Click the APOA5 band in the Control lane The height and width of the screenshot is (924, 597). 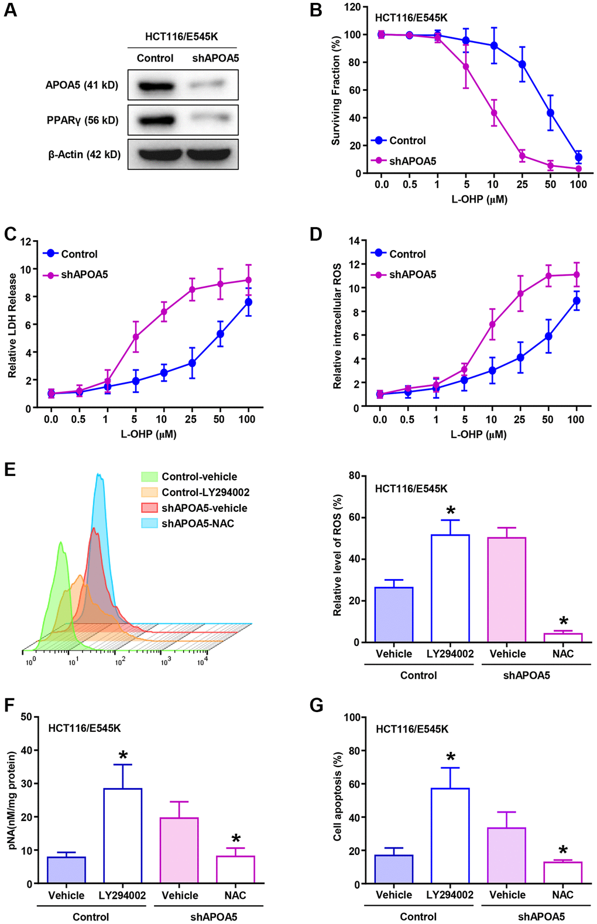click(x=155, y=85)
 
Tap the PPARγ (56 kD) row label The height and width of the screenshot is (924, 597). click(x=83, y=120)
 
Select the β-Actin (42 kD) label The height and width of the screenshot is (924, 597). click(x=84, y=155)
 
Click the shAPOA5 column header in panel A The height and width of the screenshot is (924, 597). click(x=215, y=58)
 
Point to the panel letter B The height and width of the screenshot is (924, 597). click(x=316, y=11)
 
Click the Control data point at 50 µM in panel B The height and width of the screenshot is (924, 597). click(x=550, y=112)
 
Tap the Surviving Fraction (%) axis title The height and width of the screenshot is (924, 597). click(x=336, y=91)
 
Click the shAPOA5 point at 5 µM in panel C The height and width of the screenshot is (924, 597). click(x=136, y=337)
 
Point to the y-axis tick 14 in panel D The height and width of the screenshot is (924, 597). click(x=354, y=241)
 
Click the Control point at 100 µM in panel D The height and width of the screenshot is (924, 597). click(x=577, y=301)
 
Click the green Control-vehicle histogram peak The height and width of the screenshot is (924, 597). click(x=60, y=545)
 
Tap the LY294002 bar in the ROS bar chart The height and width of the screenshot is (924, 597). click(x=450, y=588)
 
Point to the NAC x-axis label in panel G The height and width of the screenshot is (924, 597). click(x=562, y=895)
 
